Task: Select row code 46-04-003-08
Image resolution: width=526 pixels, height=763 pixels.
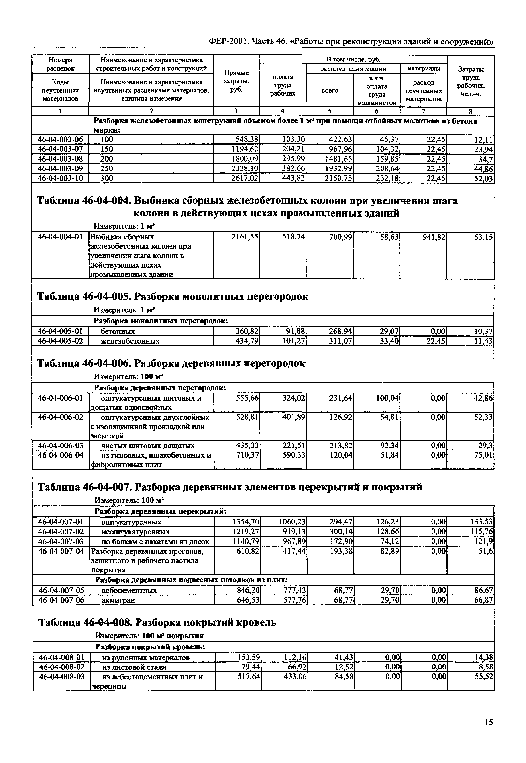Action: pyautogui.click(x=60, y=159)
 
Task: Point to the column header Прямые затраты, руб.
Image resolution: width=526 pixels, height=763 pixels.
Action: pyautogui.click(x=236, y=81)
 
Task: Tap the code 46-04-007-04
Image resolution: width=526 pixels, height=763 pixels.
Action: pyautogui.click(x=61, y=551)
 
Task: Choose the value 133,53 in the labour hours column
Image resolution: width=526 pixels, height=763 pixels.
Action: pyautogui.click(x=481, y=522)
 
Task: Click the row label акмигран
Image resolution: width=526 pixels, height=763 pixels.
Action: pyautogui.click(x=118, y=600)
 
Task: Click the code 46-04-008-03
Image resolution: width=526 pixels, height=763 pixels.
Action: pyautogui.click(x=62, y=677)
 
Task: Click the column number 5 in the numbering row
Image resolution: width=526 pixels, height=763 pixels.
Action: pyautogui.click(x=330, y=111)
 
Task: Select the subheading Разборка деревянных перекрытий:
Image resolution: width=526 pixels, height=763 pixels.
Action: pyautogui.click(x=160, y=511)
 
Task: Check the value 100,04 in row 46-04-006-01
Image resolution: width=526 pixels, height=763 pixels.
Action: pyautogui.click(x=387, y=398)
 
